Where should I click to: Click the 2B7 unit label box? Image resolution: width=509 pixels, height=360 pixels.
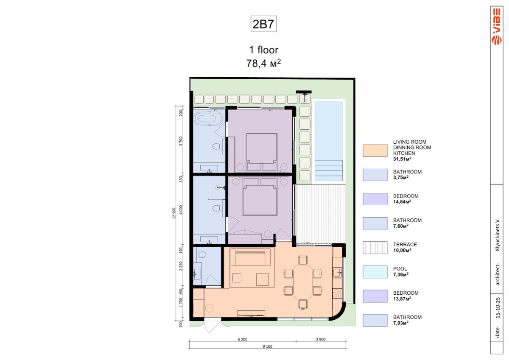pyautogui.click(x=263, y=24)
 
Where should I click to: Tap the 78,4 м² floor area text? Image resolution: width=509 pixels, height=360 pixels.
pyautogui.click(x=263, y=63)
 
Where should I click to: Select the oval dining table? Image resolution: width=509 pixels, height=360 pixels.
pyautogui.click(x=303, y=282)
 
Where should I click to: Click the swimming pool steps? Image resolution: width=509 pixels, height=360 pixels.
pyautogui.click(x=328, y=170)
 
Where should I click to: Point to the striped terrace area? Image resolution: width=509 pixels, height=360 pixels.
pyautogui.click(x=320, y=214)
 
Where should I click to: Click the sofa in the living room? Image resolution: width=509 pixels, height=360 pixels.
pyautogui.click(x=250, y=257)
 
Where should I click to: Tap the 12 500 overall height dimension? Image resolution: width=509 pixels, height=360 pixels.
pyautogui.click(x=174, y=213)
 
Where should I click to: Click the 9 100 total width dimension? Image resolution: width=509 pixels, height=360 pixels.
pyautogui.click(x=268, y=346)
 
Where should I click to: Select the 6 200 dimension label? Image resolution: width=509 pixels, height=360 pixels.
pyautogui.click(x=243, y=339)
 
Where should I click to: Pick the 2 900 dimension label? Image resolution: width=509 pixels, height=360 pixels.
pyautogui.click(x=321, y=339)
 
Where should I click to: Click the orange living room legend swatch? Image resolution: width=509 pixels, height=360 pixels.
pyautogui.click(x=375, y=151)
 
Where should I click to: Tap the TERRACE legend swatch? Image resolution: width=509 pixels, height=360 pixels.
pyautogui.click(x=375, y=248)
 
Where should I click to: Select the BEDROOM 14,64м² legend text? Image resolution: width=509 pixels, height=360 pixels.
pyautogui.click(x=406, y=199)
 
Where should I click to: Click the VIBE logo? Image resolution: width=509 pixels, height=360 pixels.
pyautogui.click(x=497, y=26)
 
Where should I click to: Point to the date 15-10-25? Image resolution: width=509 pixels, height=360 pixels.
pyautogui.click(x=498, y=307)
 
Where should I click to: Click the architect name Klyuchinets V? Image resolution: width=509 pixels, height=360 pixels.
pyautogui.click(x=498, y=235)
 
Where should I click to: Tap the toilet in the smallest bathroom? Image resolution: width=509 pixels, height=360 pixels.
pyautogui.click(x=201, y=254)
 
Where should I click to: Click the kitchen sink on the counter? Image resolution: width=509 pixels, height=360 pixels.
pyautogui.click(x=337, y=272)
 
